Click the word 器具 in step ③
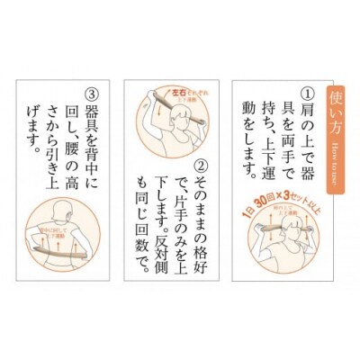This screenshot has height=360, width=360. (x=90, y=121)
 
